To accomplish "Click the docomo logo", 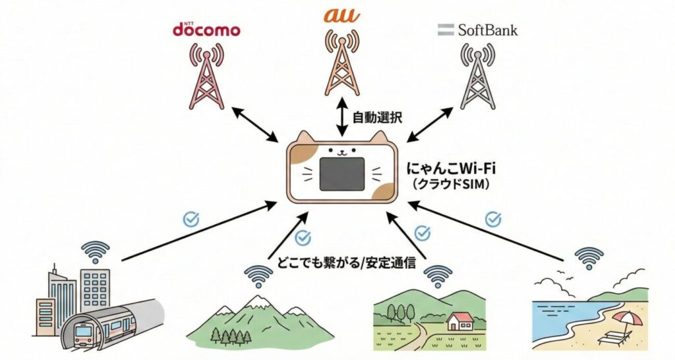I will [206, 30].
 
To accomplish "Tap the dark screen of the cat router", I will [341, 173].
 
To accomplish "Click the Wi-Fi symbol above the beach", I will [588, 257].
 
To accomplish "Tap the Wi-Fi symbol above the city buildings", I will [96, 251].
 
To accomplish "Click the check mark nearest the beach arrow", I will [492, 218].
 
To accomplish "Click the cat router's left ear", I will [305, 138].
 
